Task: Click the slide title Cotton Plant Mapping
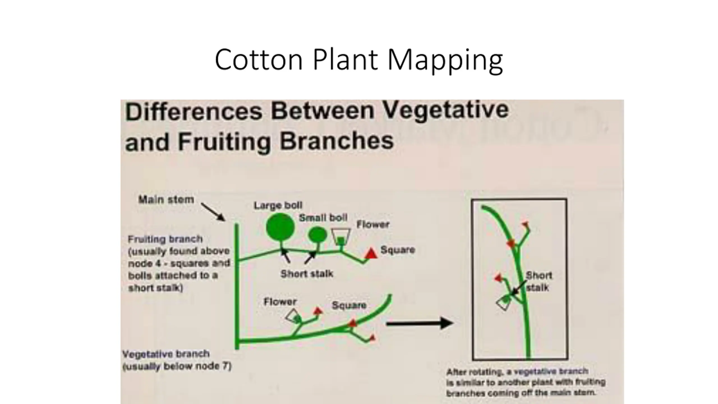tap(359, 60)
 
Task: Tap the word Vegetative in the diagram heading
tap(445, 111)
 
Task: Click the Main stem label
tap(166, 199)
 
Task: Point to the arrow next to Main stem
tap(213, 212)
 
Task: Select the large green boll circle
tap(280, 227)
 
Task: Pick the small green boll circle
tap(318, 235)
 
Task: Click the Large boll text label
tap(278, 205)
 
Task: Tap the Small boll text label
tap(323, 218)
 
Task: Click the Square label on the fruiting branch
tap(398, 250)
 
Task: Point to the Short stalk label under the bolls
tap(307, 274)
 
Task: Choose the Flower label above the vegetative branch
tap(280, 302)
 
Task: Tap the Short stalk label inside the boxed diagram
tap(538, 281)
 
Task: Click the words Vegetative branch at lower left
tap(166, 354)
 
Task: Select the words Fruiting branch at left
tap(165, 239)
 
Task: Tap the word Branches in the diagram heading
tap(337, 141)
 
